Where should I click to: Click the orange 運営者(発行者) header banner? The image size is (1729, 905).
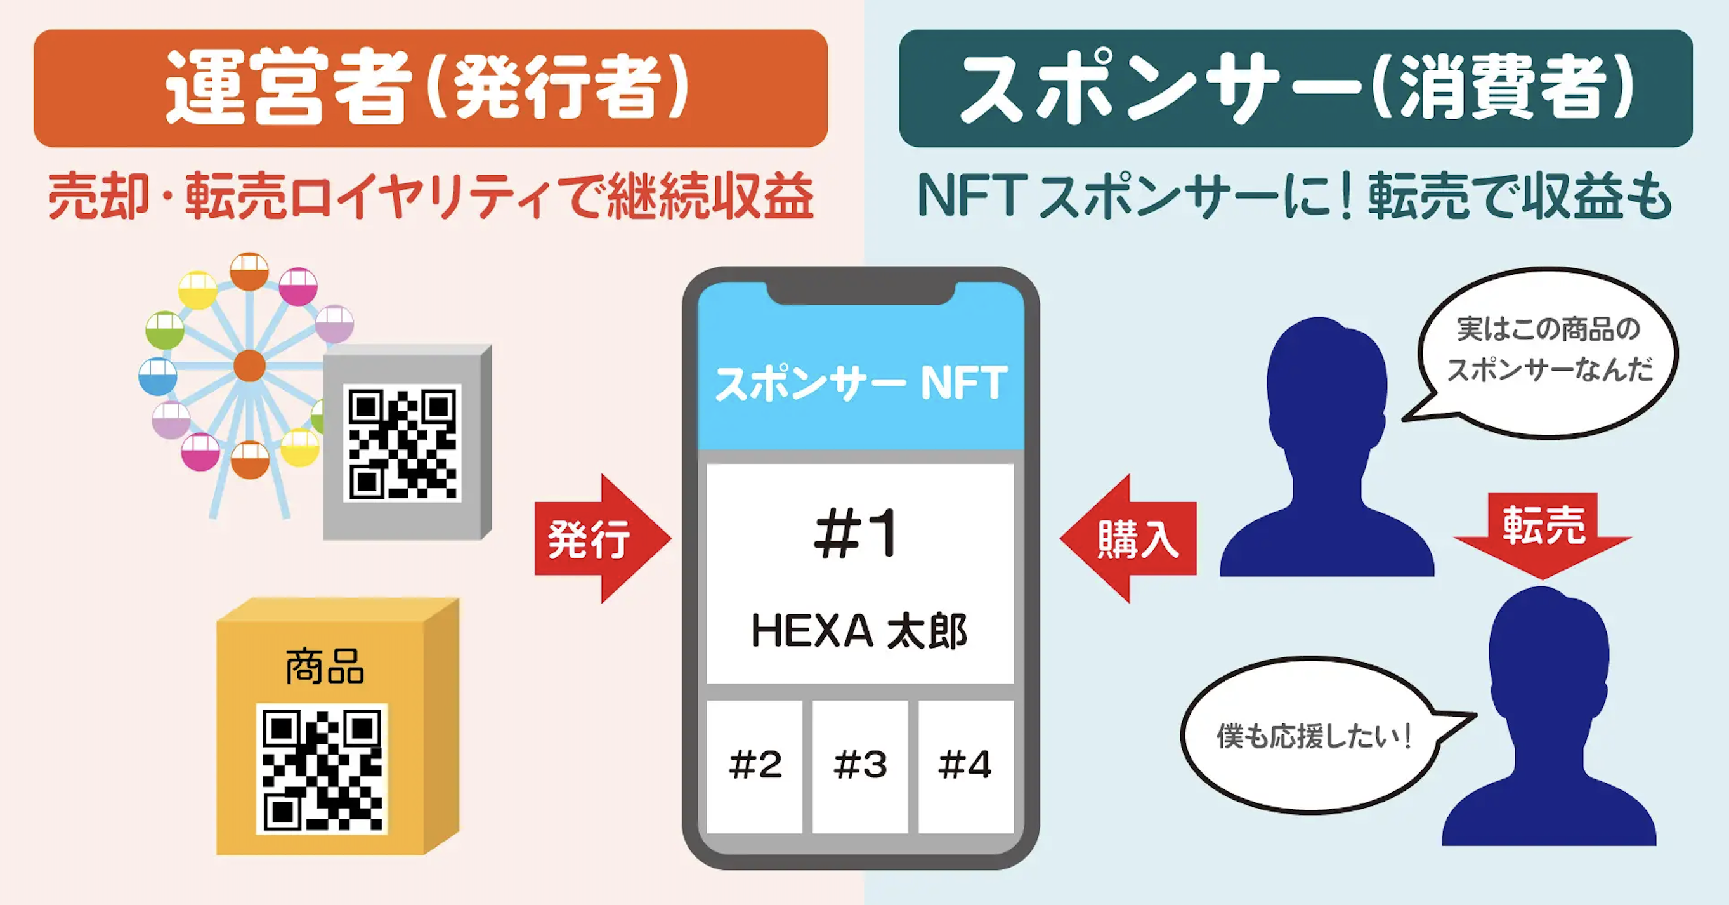430,88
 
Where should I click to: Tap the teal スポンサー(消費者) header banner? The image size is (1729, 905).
1295,88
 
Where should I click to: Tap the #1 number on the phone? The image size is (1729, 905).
855,534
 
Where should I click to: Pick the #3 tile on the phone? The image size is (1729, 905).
860,765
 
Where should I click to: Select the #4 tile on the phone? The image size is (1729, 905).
965,765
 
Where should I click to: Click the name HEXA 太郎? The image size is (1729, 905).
859,631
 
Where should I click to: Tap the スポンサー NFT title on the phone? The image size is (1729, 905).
861,384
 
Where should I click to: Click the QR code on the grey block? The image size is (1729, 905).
402,443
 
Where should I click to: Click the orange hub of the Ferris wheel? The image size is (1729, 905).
250,366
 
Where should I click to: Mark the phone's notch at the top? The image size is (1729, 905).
861,293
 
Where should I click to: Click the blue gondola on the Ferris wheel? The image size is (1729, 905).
157,376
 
